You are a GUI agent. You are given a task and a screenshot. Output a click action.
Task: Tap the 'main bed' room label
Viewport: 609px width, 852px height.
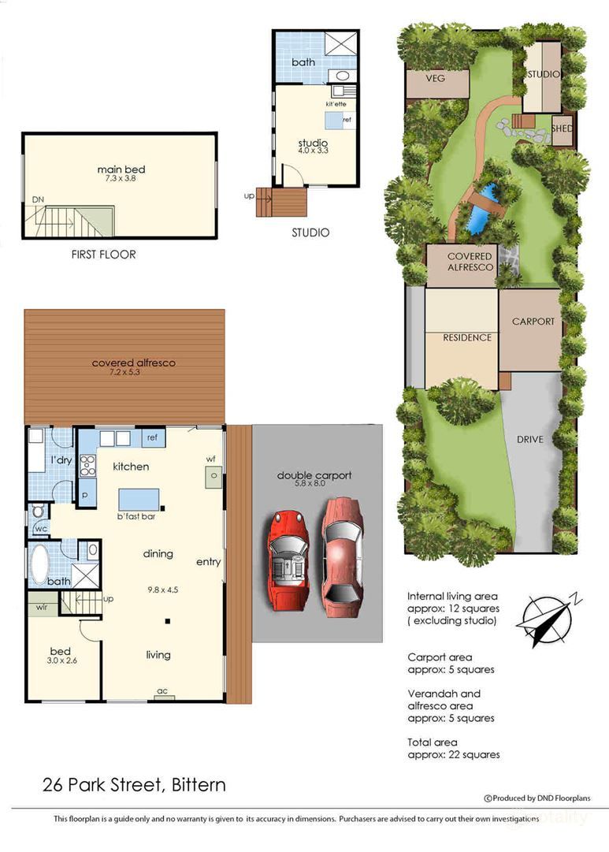click(121, 169)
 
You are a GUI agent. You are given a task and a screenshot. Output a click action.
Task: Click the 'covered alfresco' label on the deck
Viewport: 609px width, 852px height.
click(132, 363)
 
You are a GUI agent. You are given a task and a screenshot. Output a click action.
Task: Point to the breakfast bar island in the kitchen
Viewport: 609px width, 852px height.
click(139, 500)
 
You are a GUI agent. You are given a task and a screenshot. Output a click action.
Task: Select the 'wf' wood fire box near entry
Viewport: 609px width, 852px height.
click(212, 475)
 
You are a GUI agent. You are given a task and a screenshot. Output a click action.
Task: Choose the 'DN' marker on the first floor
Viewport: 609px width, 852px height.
click(38, 200)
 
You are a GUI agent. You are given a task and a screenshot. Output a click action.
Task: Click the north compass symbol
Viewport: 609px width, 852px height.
click(544, 619)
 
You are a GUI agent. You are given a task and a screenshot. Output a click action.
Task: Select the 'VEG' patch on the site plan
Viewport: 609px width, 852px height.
click(435, 79)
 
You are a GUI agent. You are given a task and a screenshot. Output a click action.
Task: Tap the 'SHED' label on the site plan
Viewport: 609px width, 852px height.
click(562, 128)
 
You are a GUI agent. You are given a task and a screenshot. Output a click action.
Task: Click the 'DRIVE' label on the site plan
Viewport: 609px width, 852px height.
click(529, 439)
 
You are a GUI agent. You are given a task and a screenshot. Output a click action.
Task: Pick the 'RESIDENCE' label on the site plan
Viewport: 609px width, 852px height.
click(466, 337)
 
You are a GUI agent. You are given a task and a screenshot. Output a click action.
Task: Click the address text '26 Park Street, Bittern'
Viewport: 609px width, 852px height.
click(134, 785)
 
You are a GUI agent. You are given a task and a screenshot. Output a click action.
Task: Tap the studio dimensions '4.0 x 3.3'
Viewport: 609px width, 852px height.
click(312, 153)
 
